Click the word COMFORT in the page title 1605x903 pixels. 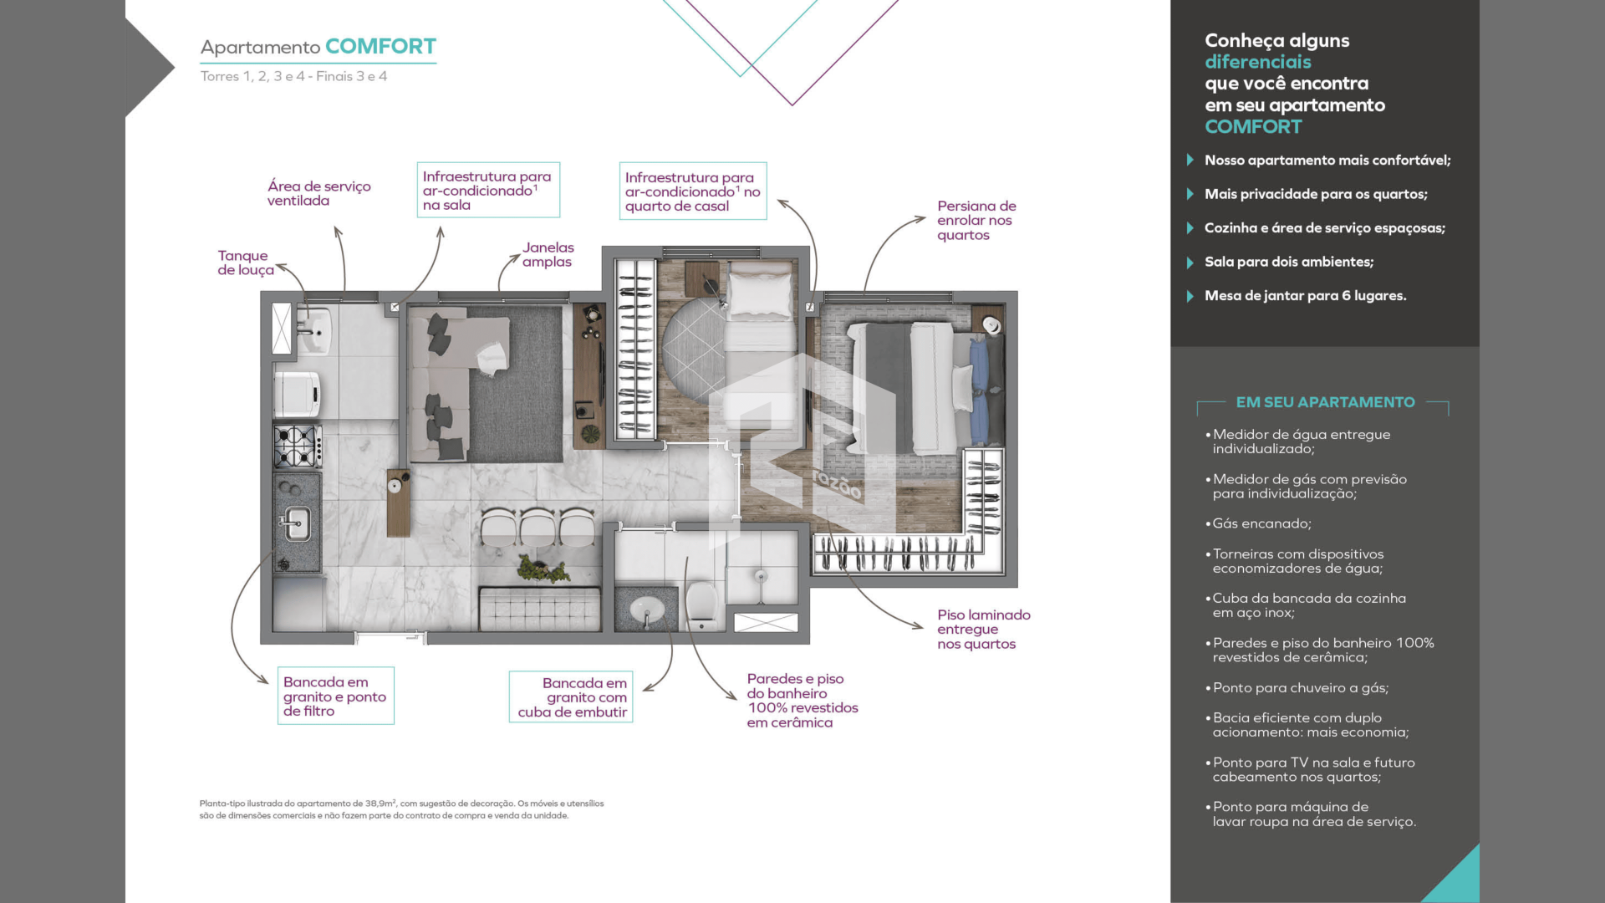tap(380, 46)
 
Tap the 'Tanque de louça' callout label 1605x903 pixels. tap(246, 263)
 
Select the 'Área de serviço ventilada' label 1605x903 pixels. tap(318, 193)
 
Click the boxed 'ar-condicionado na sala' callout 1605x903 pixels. tap(488, 190)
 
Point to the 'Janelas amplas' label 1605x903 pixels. tap(548, 254)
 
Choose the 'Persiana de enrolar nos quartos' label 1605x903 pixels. tap(976, 220)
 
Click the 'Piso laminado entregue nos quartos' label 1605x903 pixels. tap(984, 629)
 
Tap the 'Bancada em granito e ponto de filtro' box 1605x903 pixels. tap(335, 696)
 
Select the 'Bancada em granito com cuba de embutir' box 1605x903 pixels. tap(571, 696)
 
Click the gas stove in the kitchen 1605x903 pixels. tap(298, 446)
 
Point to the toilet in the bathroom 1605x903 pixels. tap(702, 604)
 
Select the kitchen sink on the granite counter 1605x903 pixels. tap(294, 524)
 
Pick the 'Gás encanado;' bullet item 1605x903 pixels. tap(1261, 523)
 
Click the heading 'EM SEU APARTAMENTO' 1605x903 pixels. tap(1325, 402)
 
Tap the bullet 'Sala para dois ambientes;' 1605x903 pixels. tap(1289, 262)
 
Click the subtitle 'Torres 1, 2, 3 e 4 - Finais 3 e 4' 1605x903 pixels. tap(293, 76)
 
